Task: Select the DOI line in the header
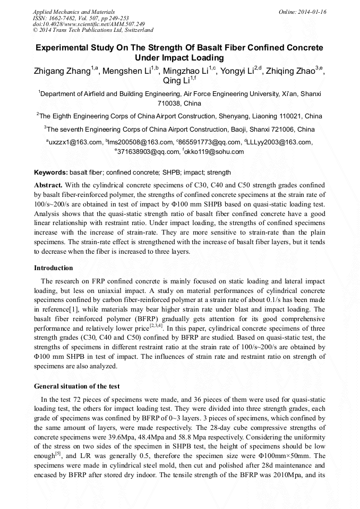tap(89, 24)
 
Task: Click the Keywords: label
tap(50, 172)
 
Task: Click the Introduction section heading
tap(53, 268)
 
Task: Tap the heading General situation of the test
tap(76, 386)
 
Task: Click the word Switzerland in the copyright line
tap(136, 31)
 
